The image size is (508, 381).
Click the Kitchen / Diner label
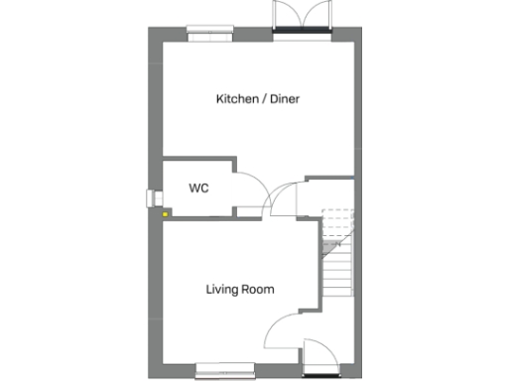point(258,99)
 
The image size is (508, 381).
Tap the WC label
point(197,187)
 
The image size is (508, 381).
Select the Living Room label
point(240,290)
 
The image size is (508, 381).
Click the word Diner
point(283,99)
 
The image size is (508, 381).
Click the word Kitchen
point(237,99)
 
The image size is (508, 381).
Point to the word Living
point(223,290)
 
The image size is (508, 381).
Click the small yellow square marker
point(165,209)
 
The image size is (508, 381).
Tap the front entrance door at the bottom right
point(320,358)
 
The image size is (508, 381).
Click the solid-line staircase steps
point(338,268)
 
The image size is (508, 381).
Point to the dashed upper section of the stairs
point(338,224)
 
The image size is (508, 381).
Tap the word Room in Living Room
point(258,290)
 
